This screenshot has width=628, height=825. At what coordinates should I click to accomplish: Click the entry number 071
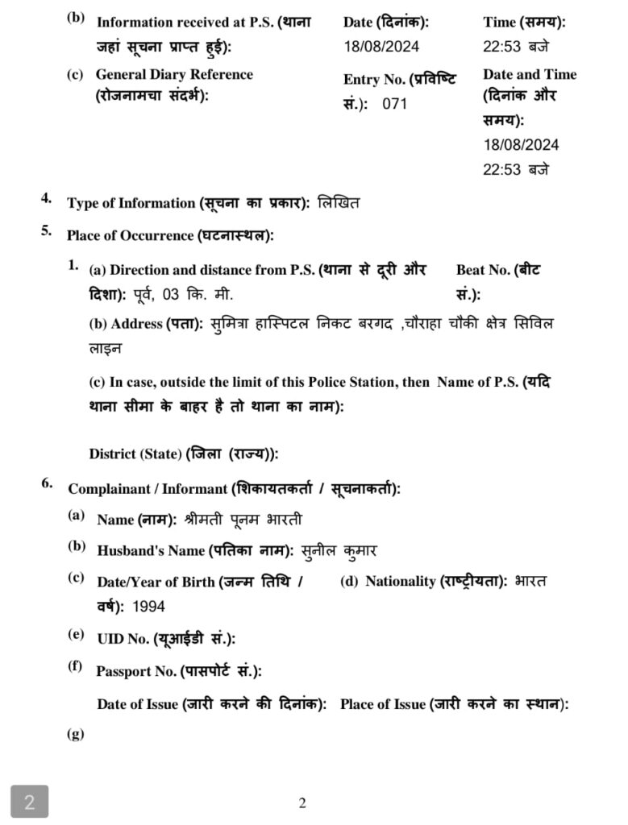[395, 104]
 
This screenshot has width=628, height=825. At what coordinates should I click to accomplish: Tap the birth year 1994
[148, 607]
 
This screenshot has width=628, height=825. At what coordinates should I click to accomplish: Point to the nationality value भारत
[530, 581]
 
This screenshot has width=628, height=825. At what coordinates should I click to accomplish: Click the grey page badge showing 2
[29, 802]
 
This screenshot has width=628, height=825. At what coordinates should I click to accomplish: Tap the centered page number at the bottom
[302, 802]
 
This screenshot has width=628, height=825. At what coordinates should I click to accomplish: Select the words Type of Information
[131, 204]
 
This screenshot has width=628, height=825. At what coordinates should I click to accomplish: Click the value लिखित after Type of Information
[339, 203]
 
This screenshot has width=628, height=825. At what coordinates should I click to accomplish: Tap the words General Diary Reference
[174, 74]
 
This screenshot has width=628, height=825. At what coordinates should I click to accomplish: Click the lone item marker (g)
[75, 734]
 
